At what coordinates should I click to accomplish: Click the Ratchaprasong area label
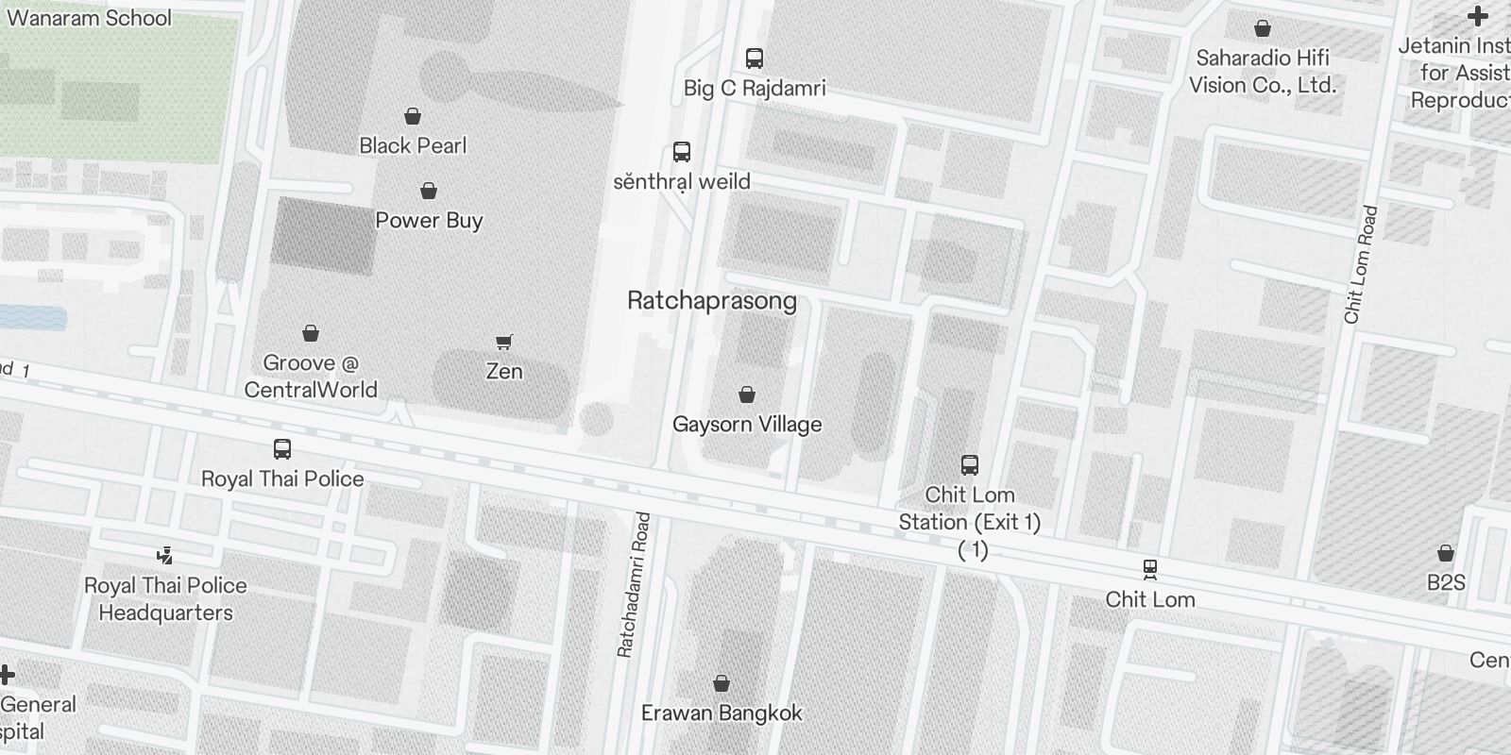[x=712, y=301]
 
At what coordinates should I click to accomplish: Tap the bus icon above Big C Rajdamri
[x=754, y=59]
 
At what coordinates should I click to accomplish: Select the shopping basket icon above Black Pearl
[x=412, y=117]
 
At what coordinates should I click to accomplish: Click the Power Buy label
[x=429, y=220]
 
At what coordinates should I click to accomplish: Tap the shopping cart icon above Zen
[x=504, y=342]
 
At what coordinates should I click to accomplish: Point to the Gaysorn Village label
[x=746, y=425]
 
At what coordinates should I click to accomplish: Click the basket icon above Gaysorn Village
[x=746, y=394]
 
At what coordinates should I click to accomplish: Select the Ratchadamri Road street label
[x=634, y=584]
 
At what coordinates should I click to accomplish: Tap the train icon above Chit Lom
[x=1149, y=569]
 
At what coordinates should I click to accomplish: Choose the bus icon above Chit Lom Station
[x=969, y=464]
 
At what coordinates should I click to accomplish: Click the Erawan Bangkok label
[x=722, y=713]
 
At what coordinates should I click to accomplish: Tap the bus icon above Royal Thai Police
[x=281, y=449]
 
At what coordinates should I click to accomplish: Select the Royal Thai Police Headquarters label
[x=165, y=599]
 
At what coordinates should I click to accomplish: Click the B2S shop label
[x=1445, y=582]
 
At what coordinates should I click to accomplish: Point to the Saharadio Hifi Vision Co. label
[x=1262, y=72]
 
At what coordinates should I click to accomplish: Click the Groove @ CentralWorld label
[x=310, y=377]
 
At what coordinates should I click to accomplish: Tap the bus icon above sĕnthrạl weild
[x=681, y=152]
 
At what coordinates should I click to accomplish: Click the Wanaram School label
[x=89, y=18]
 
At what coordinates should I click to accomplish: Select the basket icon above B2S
[x=1445, y=553]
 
